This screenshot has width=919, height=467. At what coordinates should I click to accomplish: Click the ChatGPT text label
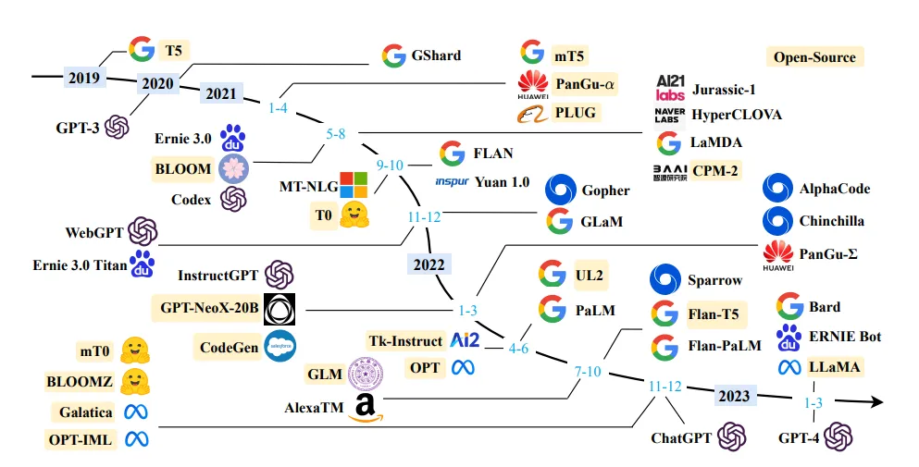pos(682,437)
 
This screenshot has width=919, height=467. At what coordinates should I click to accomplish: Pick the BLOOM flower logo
pos(233,168)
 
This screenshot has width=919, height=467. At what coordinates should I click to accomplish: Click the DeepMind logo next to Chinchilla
pos(776,221)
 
